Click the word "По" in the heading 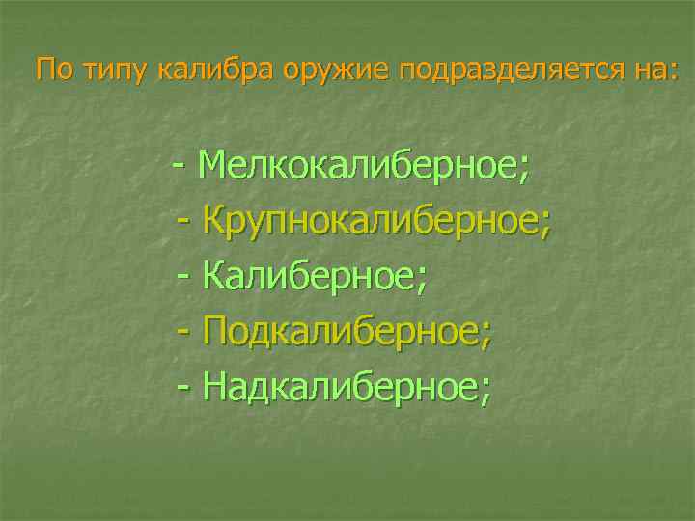pyautogui.click(x=53, y=69)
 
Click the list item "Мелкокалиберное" pyautogui.click(x=357, y=166)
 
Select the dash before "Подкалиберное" pyautogui.click(x=185, y=332)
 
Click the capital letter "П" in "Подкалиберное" pyautogui.click(x=217, y=332)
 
